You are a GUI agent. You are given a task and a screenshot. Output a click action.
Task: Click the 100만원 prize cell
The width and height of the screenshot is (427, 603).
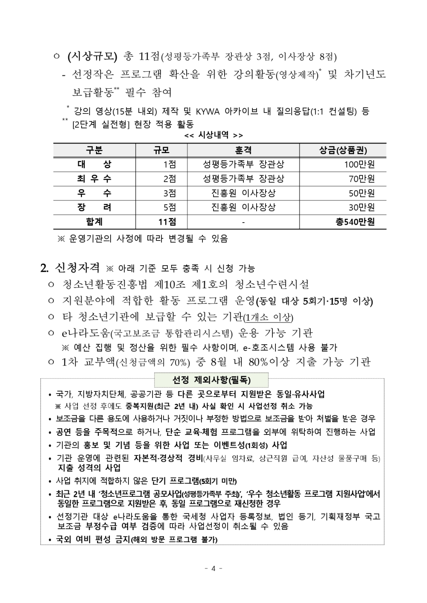coord(360,164)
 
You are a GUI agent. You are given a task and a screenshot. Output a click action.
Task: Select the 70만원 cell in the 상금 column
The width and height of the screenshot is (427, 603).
coord(362,178)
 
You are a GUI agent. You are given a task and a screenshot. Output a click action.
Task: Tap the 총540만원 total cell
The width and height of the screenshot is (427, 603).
coord(355,222)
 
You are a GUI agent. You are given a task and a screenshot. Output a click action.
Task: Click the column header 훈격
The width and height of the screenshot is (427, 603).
coord(243,150)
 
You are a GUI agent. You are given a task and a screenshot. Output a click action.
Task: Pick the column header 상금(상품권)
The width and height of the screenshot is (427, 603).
coord(343,150)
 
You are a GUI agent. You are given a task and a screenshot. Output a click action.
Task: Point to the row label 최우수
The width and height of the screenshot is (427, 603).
coord(94,178)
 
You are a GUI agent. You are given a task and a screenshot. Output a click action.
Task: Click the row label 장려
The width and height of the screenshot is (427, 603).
coord(94,207)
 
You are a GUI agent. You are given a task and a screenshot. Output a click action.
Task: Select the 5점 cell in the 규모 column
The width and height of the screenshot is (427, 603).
coord(170,207)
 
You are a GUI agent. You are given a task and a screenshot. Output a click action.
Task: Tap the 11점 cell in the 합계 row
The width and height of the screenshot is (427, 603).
coord(167,222)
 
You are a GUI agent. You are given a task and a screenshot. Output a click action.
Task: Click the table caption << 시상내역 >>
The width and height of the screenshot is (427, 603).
coord(213,136)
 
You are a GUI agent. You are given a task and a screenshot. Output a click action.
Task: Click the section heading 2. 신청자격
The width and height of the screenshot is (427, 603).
coord(70,268)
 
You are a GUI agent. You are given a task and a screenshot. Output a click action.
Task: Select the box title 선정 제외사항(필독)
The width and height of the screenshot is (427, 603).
coord(211,380)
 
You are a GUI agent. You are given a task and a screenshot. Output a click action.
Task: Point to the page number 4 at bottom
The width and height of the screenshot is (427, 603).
coord(213,568)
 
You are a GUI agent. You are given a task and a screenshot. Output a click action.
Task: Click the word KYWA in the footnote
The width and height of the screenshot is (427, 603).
coord(208,112)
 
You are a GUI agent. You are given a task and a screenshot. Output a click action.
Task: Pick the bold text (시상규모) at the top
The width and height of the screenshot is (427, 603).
coord(92,56)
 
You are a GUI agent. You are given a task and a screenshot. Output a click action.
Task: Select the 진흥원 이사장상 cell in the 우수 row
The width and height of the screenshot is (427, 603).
coord(243,193)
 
